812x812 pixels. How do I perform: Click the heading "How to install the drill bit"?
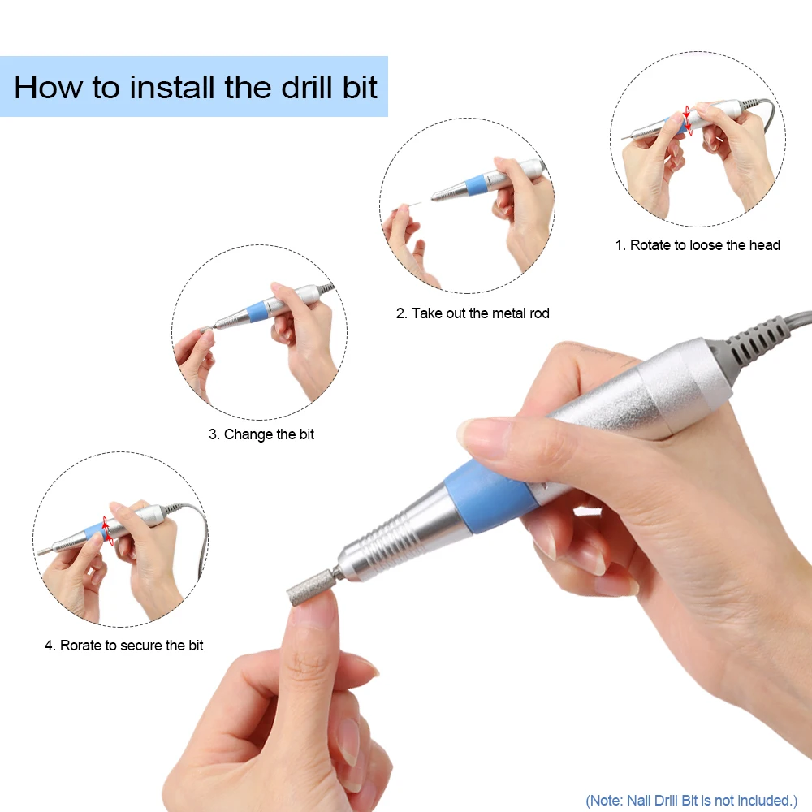[x=196, y=87]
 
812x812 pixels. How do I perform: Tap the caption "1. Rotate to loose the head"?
[x=697, y=245]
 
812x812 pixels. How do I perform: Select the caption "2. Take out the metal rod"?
[x=473, y=313]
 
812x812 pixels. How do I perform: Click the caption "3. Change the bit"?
[x=261, y=434]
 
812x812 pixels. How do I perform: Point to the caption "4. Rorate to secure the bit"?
[x=123, y=646]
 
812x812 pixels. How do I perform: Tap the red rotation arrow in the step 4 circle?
[x=106, y=529]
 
